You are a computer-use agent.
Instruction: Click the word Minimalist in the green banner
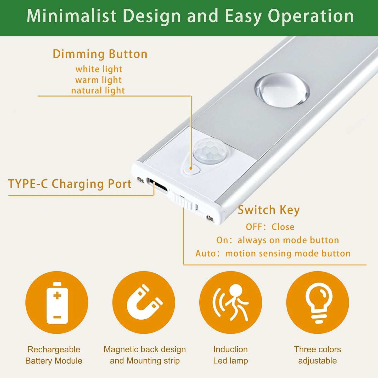(71, 16)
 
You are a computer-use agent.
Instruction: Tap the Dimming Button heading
(100, 54)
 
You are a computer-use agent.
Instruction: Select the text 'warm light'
(98, 80)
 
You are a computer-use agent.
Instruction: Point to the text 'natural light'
(98, 91)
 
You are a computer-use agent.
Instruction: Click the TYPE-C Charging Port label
(70, 184)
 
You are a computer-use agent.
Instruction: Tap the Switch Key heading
(268, 210)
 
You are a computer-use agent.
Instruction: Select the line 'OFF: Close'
(270, 227)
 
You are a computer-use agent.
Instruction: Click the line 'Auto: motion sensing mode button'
(273, 253)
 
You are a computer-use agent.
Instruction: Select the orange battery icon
(57, 302)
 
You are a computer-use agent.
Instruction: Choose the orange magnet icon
(144, 302)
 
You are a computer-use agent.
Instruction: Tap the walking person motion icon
(230, 302)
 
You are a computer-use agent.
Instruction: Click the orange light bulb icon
(317, 302)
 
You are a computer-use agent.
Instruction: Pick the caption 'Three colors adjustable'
(317, 355)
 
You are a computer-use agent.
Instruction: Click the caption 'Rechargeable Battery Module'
(54, 355)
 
